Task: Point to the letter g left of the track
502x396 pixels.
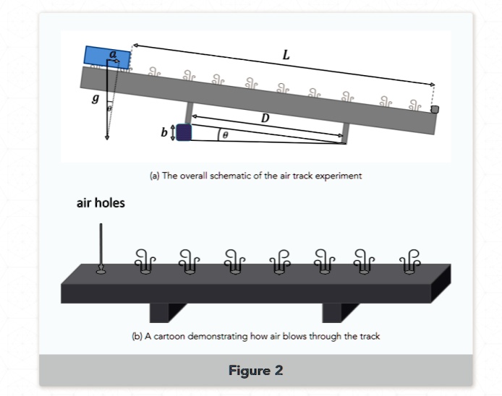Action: point(95,98)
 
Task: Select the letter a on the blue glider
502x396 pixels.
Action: point(112,53)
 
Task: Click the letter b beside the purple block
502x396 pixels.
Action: point(164,132)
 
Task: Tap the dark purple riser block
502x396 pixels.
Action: point(184,132)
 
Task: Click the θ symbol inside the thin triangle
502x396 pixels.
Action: point(225,134)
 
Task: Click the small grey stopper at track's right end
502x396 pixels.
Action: point(434,109)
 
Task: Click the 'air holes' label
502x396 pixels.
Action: point(101,203)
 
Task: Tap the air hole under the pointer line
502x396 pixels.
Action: point(101,272)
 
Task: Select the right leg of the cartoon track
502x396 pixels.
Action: point(332,311)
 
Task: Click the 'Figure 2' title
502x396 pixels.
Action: point(255,371)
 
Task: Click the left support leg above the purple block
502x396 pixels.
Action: point(190,113)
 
